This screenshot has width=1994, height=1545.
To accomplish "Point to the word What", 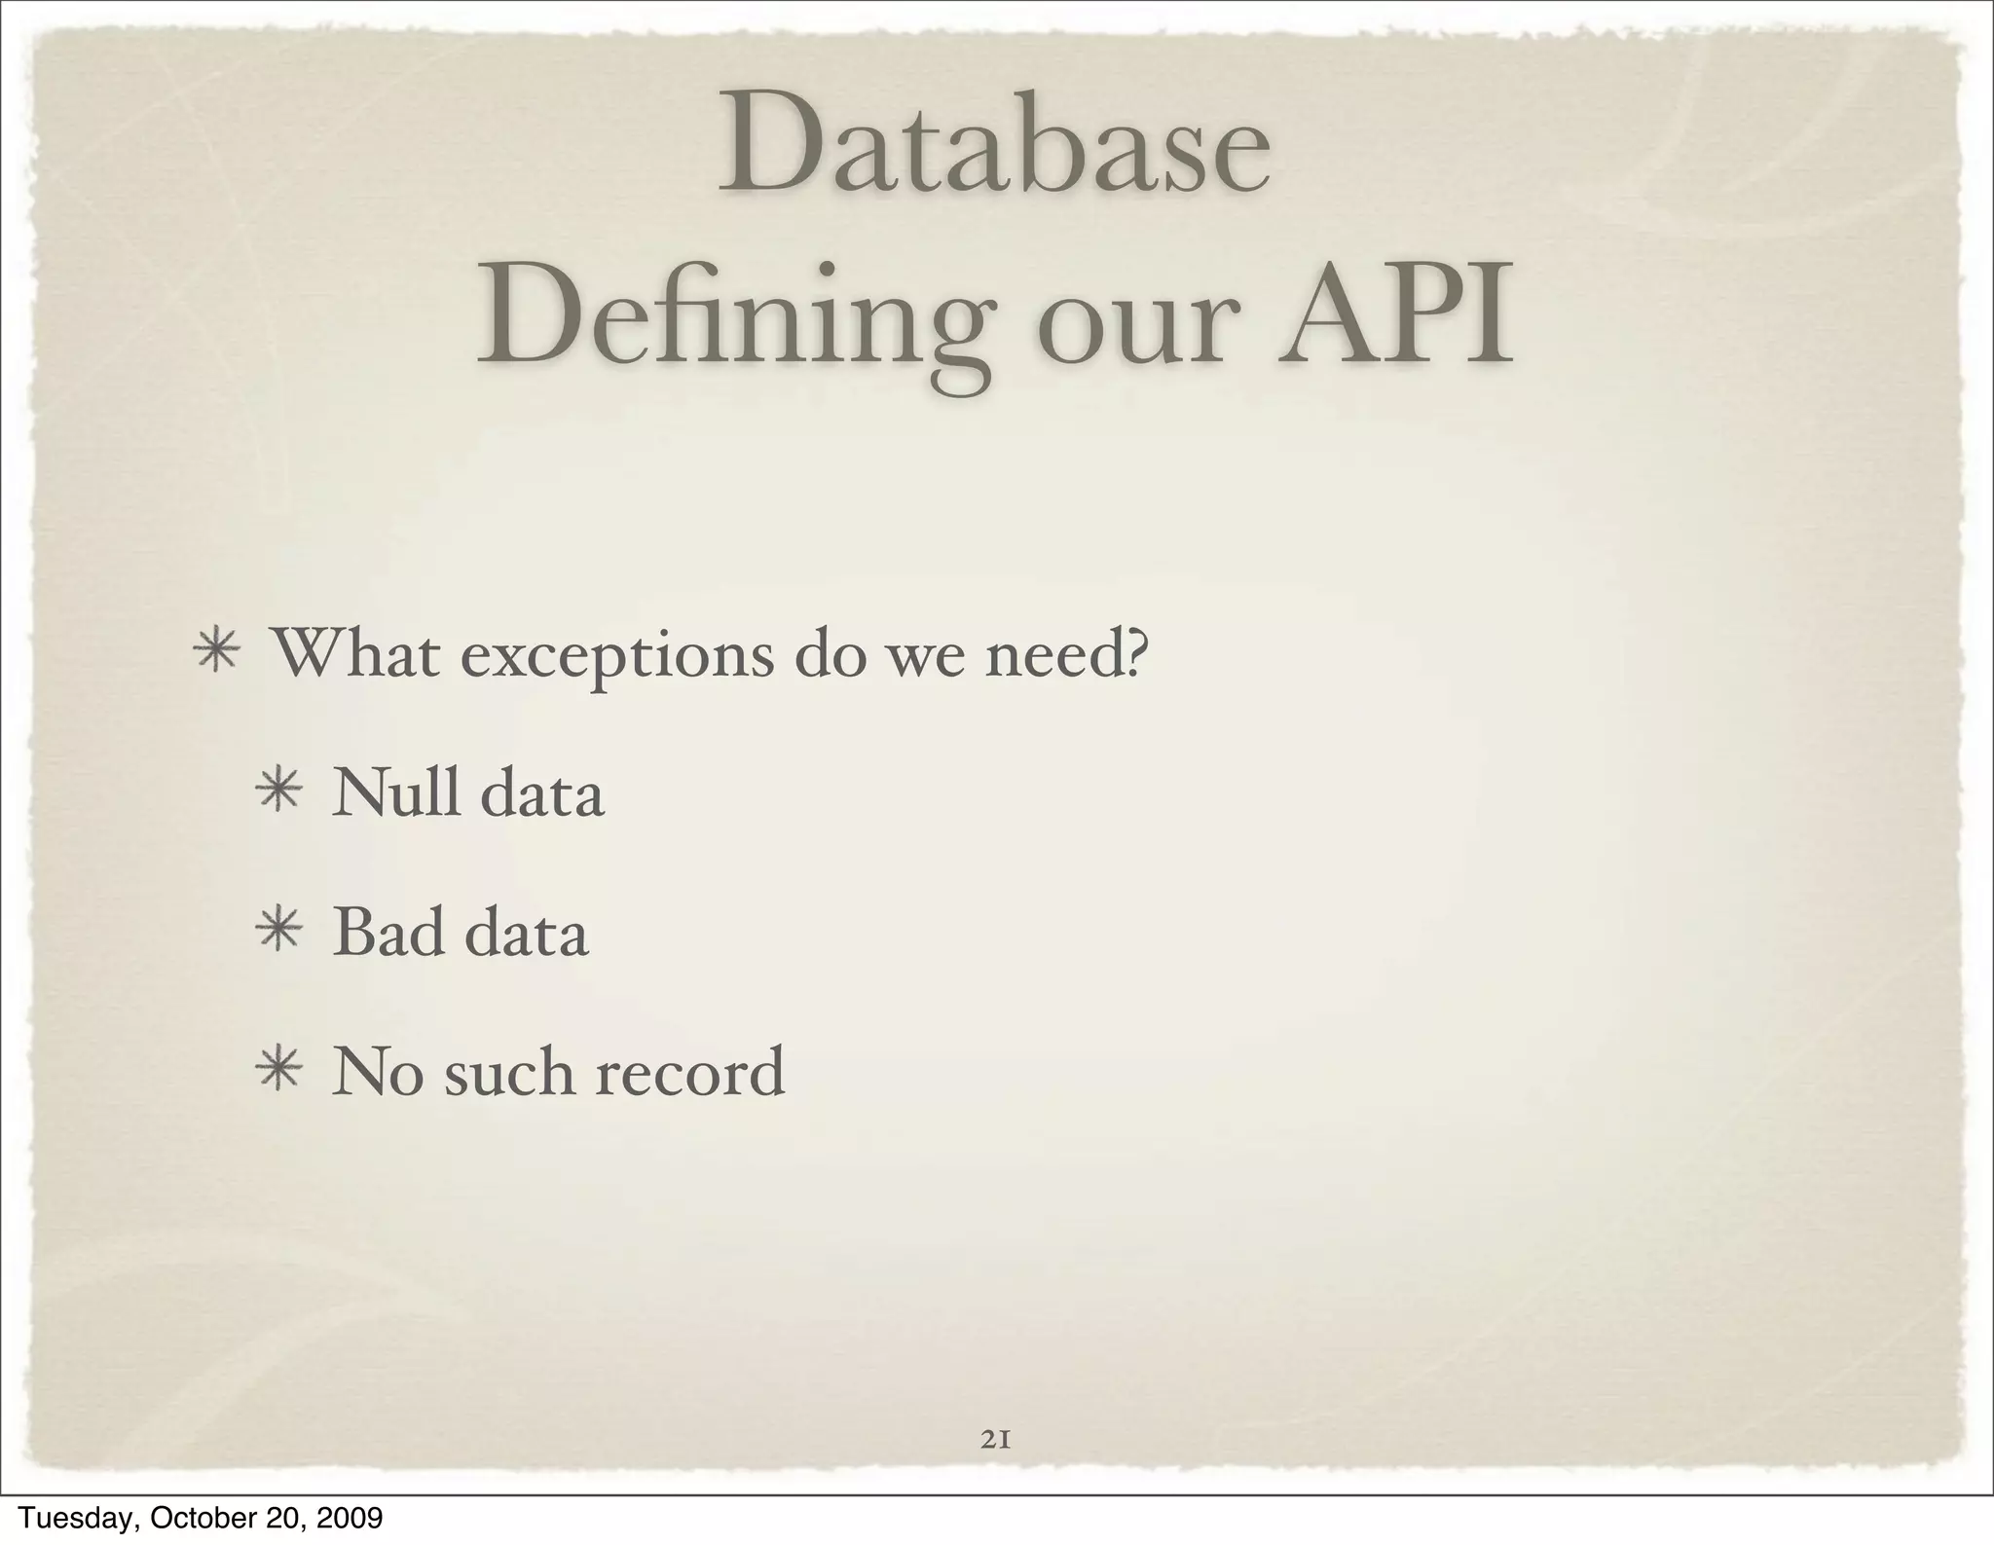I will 354,654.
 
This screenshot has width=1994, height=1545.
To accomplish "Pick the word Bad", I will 388,932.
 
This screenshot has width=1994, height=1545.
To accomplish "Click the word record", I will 689,1072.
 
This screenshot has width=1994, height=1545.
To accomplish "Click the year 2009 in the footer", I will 351,1517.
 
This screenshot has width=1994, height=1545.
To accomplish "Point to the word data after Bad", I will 527,932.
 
